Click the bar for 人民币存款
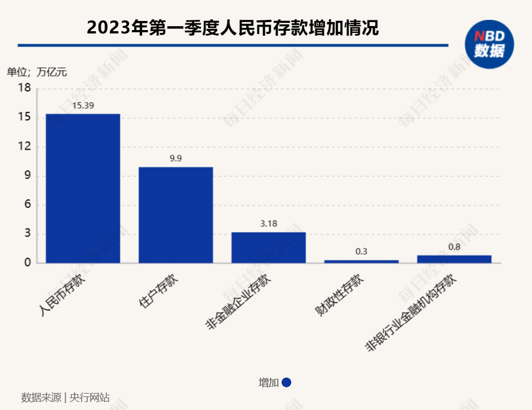pos(83,188)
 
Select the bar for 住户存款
pos(176,215)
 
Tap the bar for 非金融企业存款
pos(269,248)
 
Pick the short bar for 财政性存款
pos(361,261)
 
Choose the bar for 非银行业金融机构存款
pos(454,259)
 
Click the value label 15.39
pos(83,105)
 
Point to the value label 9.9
pos(176,158)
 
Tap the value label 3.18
pos(269,224)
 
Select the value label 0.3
pos(361,251)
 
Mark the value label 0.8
pos(454,247)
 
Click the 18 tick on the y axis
pos(24,88)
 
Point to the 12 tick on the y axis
pos(24,147)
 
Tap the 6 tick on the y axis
pos(27,205)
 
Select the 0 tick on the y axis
pos(27,263)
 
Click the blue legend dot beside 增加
pos(286,383)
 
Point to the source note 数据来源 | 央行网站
pos(65,398)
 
